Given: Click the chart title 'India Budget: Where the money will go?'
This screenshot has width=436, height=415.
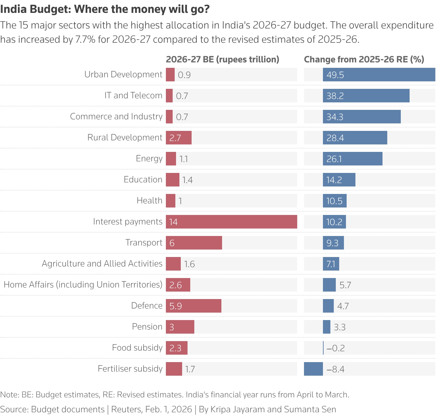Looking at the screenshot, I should (x=105, y=9).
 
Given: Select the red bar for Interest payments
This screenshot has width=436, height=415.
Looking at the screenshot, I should (x=231, y=222).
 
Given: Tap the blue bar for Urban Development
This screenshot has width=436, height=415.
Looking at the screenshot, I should (x=379, y=75).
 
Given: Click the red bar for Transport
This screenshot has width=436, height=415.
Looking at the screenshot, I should (x=194, y=243).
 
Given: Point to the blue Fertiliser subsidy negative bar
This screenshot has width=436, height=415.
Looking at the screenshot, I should (x=313, y=369).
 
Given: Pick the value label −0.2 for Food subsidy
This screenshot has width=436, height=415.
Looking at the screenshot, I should (x=335, y=348).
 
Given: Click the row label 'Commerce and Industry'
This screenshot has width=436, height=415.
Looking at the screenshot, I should (x=116, y=116).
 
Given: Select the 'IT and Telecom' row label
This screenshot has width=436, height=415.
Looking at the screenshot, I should (x=133, y=95).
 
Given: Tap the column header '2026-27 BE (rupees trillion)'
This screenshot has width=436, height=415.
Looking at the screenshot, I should (x=222, y=59).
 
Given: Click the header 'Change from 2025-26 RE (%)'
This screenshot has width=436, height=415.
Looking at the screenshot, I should (x=364, y=59).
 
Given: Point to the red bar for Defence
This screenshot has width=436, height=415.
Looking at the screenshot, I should (x=194, y=306).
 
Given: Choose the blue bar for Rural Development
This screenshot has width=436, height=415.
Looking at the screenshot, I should (x=355, y=138).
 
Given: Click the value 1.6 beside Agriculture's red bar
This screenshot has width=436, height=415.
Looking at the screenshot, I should (x=189, y=264).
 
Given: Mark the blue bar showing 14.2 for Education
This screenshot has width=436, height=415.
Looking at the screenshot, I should (x=339, y=180).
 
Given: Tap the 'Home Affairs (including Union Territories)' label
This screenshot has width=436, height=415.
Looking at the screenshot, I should (x=83, y=284).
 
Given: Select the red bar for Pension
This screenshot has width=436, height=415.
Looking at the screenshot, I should (x=180, y=327).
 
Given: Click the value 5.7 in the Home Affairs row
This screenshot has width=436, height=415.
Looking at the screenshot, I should (x=345, y=285).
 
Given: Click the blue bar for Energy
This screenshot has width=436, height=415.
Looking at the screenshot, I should (x=352, y=159).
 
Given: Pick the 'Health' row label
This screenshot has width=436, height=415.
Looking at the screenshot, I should (x=149, y=200).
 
